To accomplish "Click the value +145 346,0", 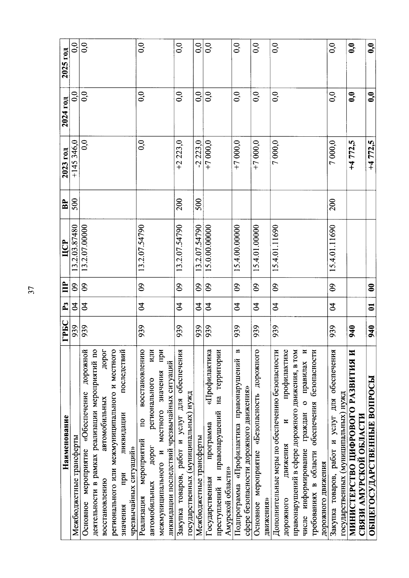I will (x=75, y=158).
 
